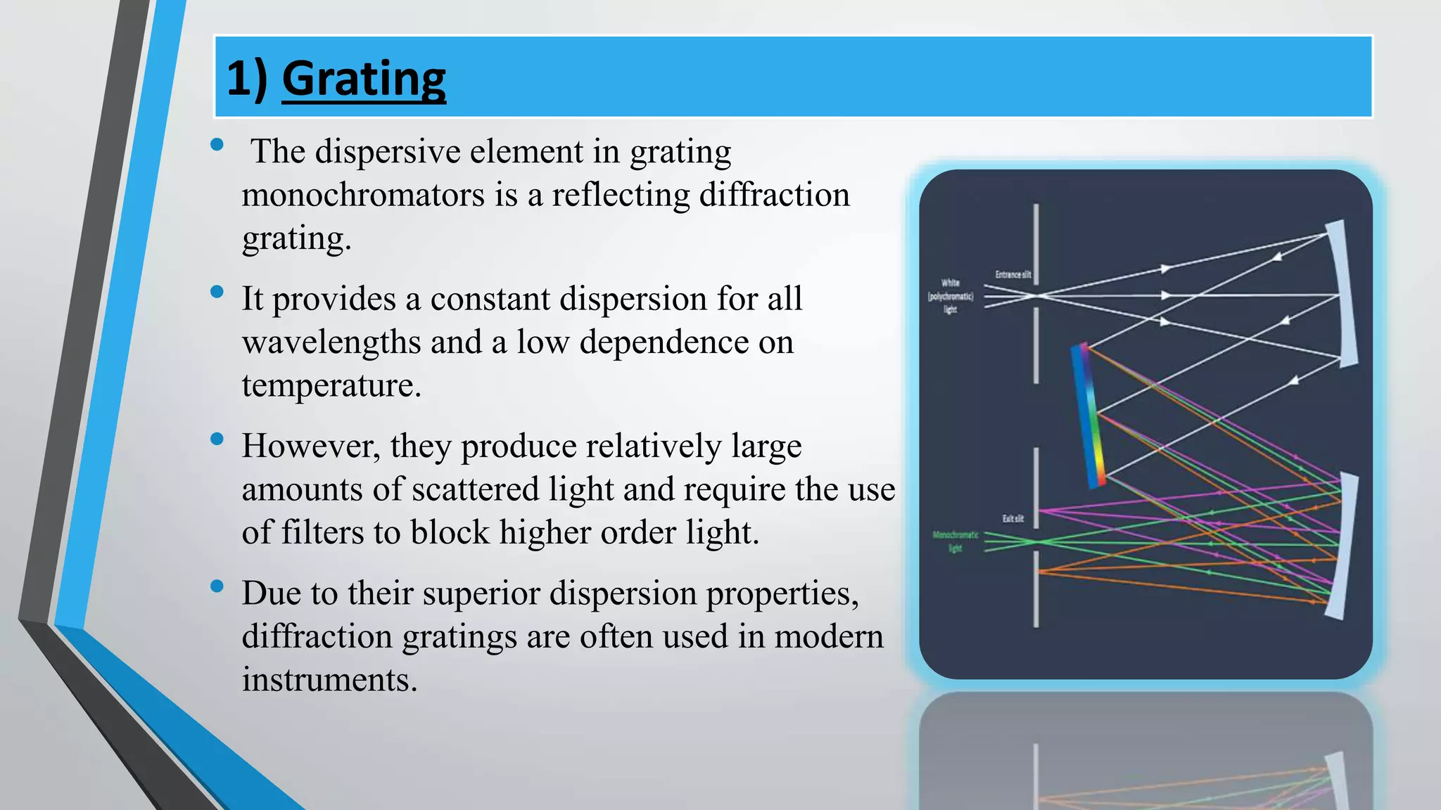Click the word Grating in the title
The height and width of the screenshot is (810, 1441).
pos(364,79)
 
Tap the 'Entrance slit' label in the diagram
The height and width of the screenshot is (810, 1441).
pos(1012,275)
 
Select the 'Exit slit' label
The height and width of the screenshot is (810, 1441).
pos(1012,519)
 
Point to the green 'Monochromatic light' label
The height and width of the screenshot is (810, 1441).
pos(955,541)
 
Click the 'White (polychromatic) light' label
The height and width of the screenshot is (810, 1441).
pos(950,296)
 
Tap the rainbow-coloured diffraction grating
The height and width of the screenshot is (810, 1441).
pos(1088,415)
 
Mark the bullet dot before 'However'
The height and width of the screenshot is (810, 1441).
pos(217,439)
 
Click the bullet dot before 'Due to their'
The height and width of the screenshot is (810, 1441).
pos(217,586)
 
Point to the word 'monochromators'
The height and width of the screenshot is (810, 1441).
pos(363,195)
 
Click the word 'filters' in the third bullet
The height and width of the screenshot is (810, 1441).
pos(322,532)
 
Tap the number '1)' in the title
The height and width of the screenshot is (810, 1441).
pos(246,79)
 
